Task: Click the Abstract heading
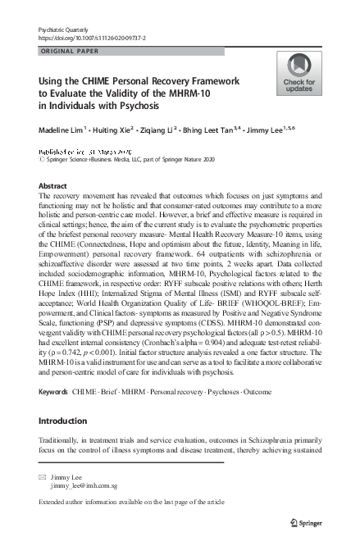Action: (x=53, y=186)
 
